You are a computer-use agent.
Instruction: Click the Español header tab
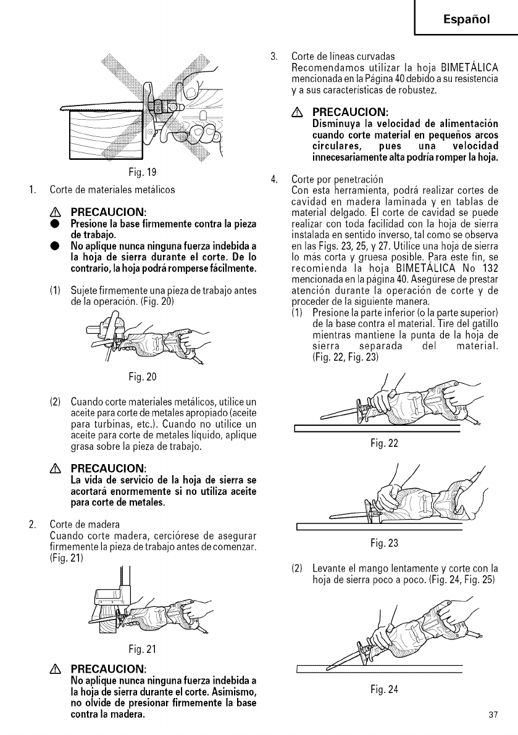point(467,19)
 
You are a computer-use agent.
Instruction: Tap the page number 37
point(492,715)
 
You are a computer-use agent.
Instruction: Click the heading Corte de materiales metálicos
point(112,189)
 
